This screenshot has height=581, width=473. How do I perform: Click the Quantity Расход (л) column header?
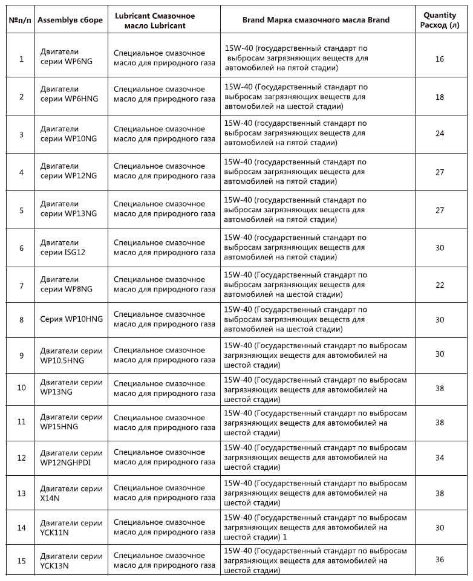pyautogui.click(x=439, y=20)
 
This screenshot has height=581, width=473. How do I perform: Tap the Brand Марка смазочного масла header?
pyautogui.click(x=316, y=20)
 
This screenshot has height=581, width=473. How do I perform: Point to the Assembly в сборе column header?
pyautogui.click(x=70, y=20)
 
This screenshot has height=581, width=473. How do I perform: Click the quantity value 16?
pyautogui.click(x=439, y=59)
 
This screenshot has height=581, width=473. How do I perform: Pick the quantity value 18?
pyautogui.click(x=439, y=97)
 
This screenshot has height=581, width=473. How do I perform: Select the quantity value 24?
pyautogui.click(x=439, y=134)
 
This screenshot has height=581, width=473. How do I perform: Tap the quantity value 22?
pyautogui.click(x=439, y=285)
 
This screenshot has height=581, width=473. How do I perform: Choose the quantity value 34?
pyautogui.click(x=439, y=458)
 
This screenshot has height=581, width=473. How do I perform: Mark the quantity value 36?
pyautogui.click(x=439, y=559)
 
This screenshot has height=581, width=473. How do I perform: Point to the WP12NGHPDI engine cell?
pyautogui.click(x=71, y=458)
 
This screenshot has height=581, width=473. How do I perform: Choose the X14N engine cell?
pyautogui.click(x=71, y=493)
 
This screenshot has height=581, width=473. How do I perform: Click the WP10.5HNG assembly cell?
pyautogui.click(x=71, y=355)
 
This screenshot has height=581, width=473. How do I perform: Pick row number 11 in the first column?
pyautogui.click(x=21, y=422)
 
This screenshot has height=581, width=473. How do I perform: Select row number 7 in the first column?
pyautogui.click(x=21, y=285)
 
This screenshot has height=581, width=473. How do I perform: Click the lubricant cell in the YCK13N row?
pyautogui.click(x=164, y=560)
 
